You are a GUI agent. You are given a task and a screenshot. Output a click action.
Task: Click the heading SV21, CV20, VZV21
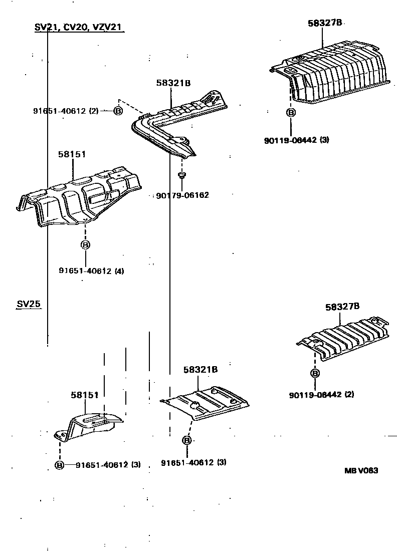(x=79, y=27)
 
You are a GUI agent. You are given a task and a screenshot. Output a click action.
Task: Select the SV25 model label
(x=28, y=304)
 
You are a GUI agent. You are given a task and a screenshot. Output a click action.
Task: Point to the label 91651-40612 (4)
(x=91, y=271)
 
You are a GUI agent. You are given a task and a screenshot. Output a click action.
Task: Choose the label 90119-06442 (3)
(x=296, y=140)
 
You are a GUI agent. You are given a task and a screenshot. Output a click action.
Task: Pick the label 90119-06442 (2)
(x=321, y=394)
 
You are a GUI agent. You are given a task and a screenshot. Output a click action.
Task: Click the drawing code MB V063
(x=361, y=470)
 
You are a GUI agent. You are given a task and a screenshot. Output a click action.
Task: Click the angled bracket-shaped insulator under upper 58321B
(x=170, y=125)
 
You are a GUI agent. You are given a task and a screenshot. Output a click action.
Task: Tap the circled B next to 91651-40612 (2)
(x=118, y=111)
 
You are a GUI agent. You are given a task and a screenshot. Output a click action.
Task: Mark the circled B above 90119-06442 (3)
(x=290, y=113)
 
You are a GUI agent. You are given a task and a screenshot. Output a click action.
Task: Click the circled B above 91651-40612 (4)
(x=85, y=245)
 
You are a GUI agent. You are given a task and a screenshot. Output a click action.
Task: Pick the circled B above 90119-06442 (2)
(x=315, y=373)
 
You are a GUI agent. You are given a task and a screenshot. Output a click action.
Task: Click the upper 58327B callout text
(x=324, y=23)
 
